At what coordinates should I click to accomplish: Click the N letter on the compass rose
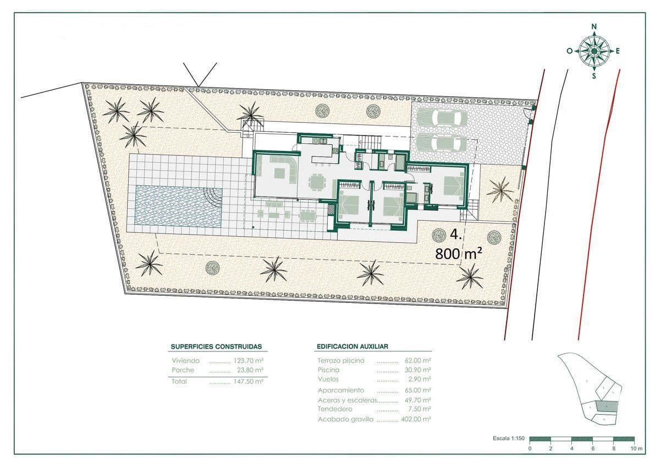[x=594, y=26]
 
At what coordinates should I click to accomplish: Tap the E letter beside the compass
[x=618, y=51]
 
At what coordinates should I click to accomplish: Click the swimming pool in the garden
[x=178, y=205]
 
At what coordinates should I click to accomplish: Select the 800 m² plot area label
[x=459, y=253]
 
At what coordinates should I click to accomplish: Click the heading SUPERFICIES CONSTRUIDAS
[x=216, y=347]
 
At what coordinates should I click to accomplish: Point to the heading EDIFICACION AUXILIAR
[x=353, y=346]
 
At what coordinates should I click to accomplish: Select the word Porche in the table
[x=183, y=370]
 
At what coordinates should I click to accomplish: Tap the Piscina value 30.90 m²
[x=417, y=370]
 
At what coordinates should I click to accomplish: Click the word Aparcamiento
[x=341, y=390]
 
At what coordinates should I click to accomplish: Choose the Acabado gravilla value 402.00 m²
[x=417, y=419]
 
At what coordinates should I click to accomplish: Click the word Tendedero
[x=335, y=409]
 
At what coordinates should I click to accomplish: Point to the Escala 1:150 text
[x=509, y=439]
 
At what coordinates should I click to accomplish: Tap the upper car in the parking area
[x=442, y=118]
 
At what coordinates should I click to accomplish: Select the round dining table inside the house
[x=317, y=181]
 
